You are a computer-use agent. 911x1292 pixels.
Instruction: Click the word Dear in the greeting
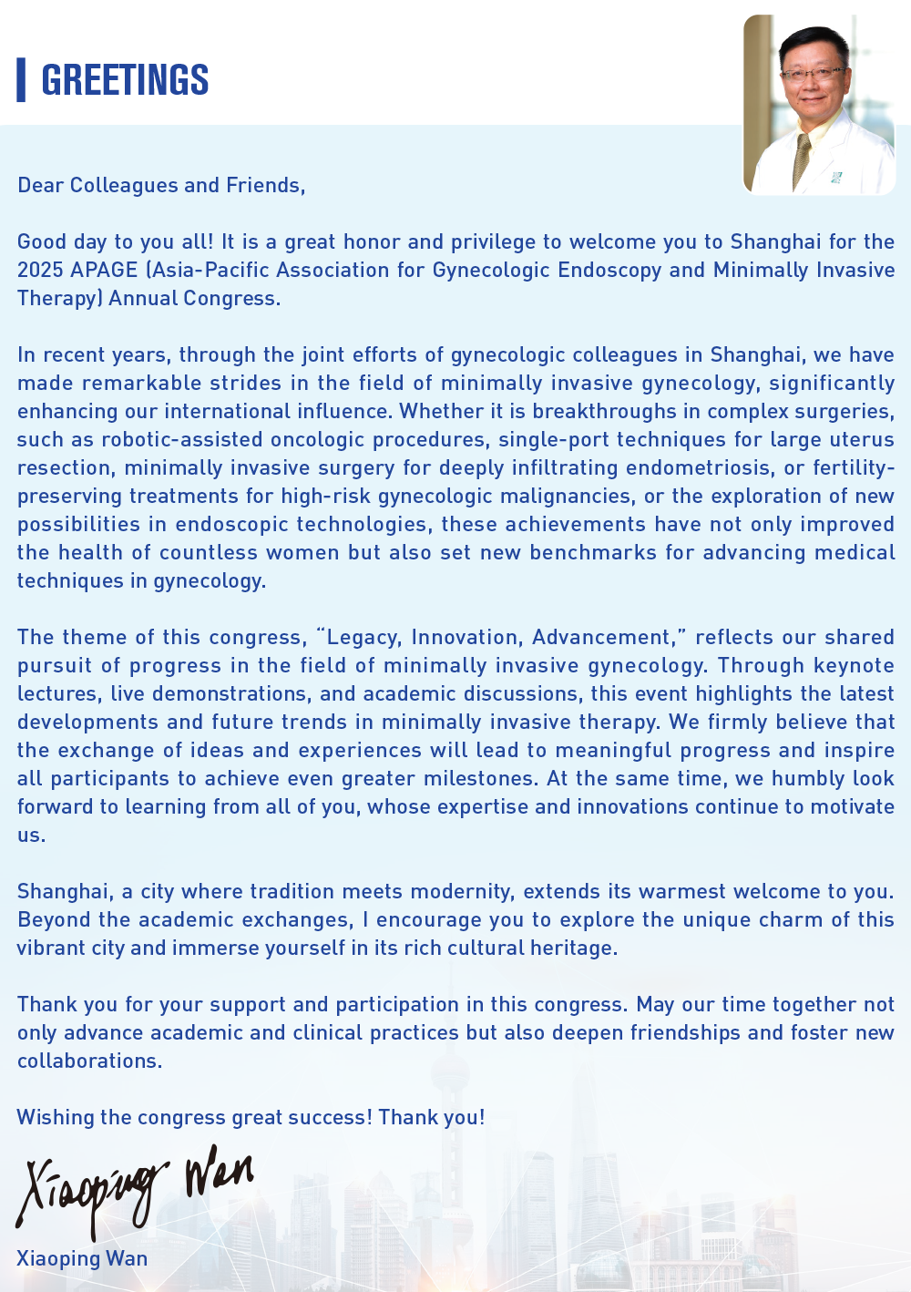[x=41, y=186]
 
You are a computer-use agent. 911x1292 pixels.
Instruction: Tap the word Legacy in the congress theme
[x=363, y=638]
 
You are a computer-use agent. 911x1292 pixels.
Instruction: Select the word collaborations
[x=89, y=1061]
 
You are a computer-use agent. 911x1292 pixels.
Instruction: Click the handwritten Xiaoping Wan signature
[x=132, y=1184]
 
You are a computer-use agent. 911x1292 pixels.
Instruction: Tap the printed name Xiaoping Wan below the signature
[x=82, y=1259]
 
